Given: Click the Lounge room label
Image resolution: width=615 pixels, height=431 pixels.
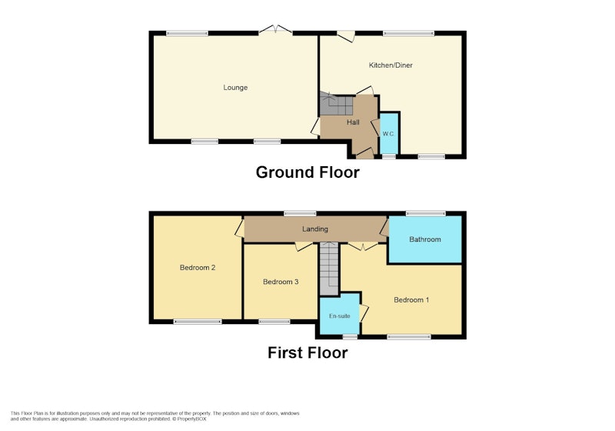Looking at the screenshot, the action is [235, 88].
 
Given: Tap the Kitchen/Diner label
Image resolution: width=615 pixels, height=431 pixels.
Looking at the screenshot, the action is [391, 65].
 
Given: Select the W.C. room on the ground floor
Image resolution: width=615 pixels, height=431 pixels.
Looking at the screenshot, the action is [389, 133].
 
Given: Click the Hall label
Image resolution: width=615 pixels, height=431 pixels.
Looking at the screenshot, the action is [353, 122].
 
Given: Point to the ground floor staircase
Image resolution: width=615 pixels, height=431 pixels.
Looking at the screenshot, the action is [336, 104].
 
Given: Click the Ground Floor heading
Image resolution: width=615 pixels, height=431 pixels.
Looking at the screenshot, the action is [307, 172].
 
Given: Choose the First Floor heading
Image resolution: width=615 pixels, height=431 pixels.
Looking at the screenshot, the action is [307, 352].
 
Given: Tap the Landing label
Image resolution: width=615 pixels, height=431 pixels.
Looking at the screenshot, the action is [315, 229].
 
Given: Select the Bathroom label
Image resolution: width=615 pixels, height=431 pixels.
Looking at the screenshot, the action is [425, 239].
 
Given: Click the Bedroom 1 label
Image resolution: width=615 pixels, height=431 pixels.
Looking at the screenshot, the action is [411, 300].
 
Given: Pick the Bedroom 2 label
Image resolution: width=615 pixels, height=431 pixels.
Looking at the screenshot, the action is [198, 268].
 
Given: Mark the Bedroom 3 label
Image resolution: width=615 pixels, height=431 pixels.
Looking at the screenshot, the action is [281, 282].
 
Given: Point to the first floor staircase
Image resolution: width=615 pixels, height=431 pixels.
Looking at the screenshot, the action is [329, 269].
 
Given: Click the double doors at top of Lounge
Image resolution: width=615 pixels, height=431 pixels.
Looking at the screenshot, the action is [276, 30].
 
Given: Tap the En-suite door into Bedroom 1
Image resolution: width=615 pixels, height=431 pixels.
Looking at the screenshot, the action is [364, 314].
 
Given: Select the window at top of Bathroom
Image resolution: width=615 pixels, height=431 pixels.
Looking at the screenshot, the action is [426, 213].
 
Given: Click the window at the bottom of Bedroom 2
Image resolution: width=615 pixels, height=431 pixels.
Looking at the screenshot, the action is [198, 322].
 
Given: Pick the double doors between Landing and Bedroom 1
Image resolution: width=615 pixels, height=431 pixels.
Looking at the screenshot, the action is [363, 246].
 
